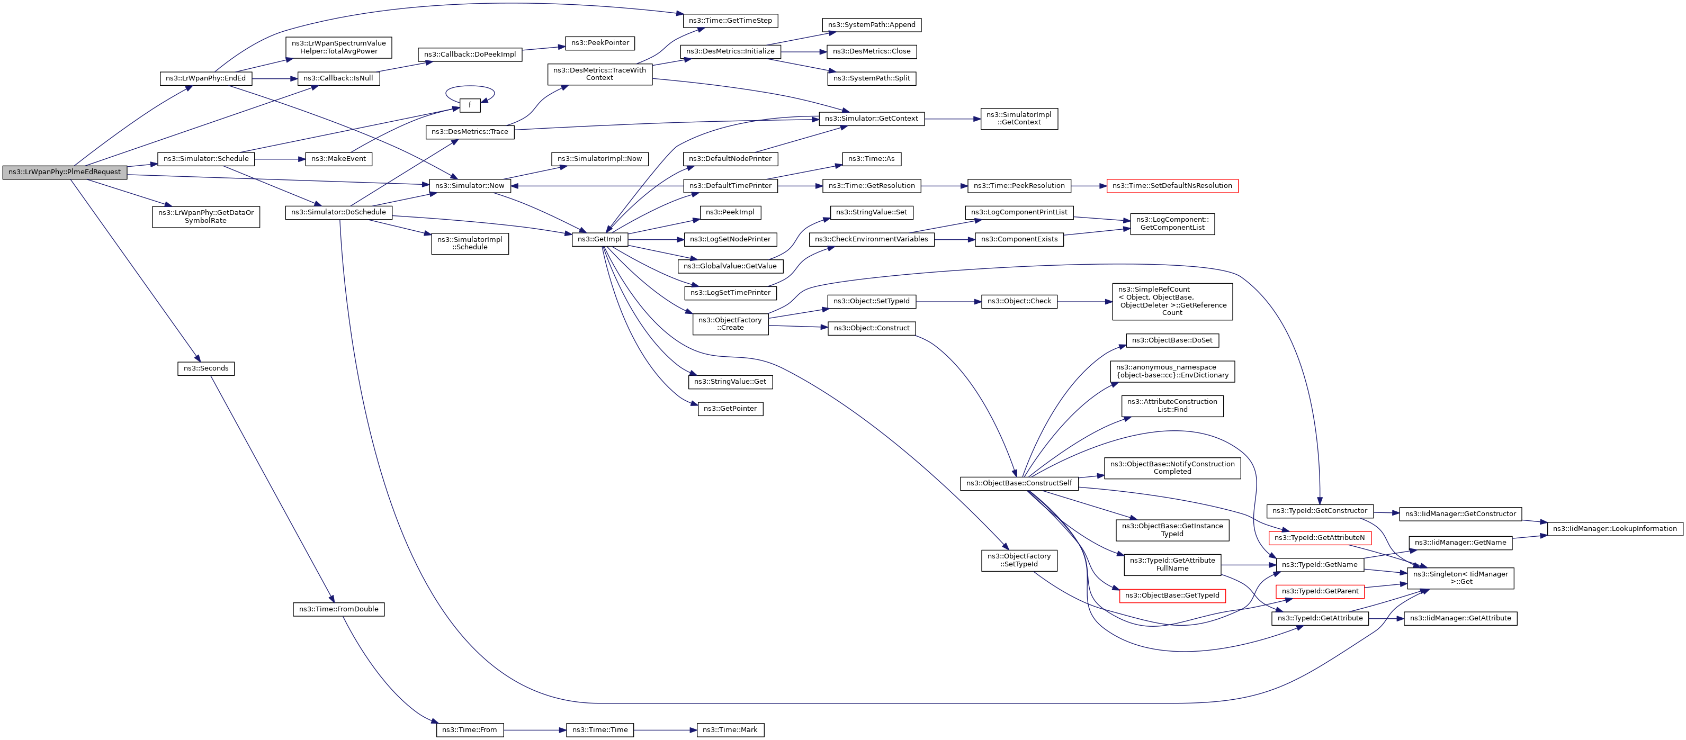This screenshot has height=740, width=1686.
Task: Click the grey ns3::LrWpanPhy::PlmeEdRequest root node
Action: (x=64, y=172)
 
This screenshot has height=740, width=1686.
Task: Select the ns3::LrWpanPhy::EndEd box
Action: (x=205, y=78)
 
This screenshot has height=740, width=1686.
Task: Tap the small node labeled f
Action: (x=469, y=105)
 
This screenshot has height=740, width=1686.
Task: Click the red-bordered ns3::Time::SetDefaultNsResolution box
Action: (x=1171, y=186)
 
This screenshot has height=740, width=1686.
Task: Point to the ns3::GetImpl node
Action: (x=599, y=239)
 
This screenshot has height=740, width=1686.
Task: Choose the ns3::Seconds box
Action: (x=205, y=368)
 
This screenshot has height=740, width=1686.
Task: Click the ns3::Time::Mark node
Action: (x=730, y=729)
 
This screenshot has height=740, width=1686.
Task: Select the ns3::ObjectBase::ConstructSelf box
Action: (x=1018, y=483)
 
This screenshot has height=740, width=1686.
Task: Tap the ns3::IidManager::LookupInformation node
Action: (x=1614, y=529)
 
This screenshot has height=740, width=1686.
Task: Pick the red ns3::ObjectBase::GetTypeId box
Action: (x=1171, y=595)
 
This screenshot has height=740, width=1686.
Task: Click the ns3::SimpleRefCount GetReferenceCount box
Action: (x=1171, y=301)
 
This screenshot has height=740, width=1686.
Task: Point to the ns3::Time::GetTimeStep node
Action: (x=730, y=21)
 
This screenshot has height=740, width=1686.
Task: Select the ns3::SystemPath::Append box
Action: (x=871, y=25)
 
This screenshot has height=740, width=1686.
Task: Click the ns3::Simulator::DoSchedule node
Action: (x=338, y=213)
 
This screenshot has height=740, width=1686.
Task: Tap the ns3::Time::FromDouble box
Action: (x=338, y=609)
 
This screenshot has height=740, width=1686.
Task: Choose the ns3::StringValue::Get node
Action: (x=730, y=382)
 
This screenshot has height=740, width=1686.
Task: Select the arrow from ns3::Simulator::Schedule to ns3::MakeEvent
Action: (x=280, y=159)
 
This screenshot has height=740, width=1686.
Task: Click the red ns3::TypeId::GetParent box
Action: (x=1320, y=591)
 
